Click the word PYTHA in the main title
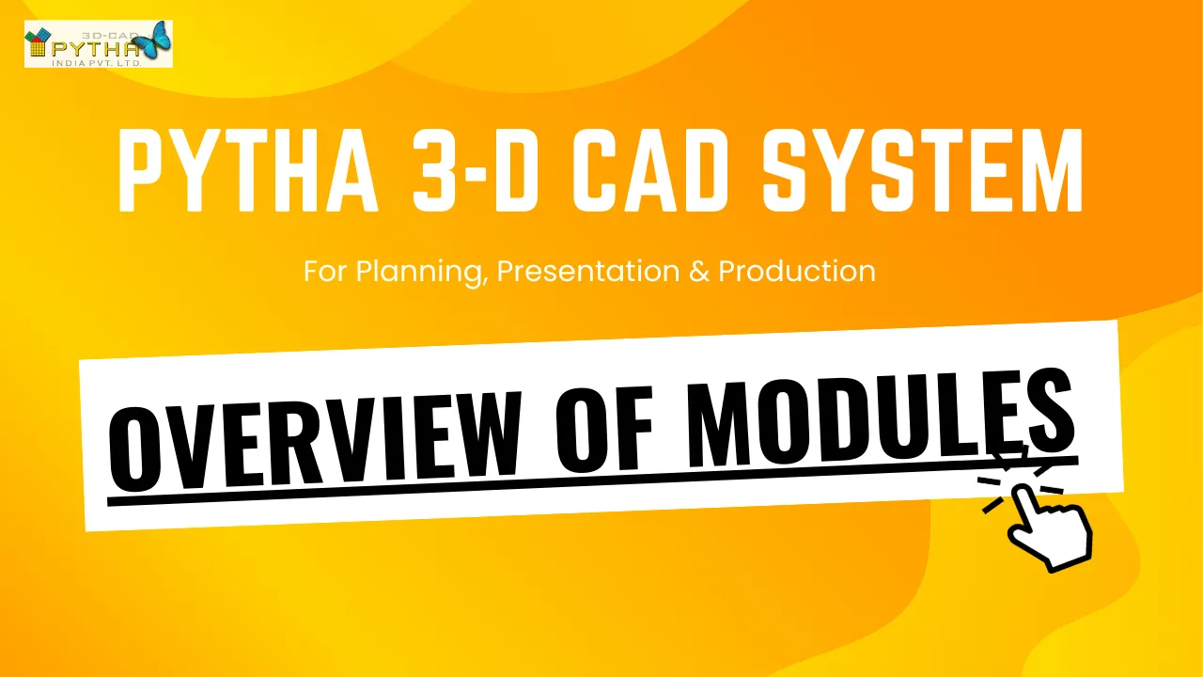(248, 170)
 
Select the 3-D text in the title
(476, 170)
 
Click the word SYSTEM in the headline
(923, 170)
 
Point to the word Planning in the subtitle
(422, 273)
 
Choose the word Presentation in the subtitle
(588, 271)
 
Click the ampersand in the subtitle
(698, 272)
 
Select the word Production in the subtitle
(797, 271)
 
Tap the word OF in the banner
(604, 427)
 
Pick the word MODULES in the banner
(881, 417)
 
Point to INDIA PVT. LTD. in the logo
(96, 63)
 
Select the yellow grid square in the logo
(38, 47)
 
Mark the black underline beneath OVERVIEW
(316, 491)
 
